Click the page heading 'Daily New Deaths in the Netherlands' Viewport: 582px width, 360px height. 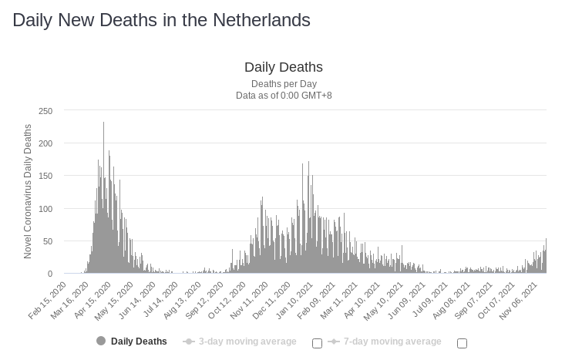click(161, 20)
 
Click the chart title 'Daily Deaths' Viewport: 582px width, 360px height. click(284, 67)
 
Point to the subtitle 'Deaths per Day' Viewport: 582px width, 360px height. click(284, 84)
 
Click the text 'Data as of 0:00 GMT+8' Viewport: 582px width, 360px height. click(284, 96)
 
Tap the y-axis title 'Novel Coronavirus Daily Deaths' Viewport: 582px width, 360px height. click(29, 191)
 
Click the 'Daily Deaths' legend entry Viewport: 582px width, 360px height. click(139, 341)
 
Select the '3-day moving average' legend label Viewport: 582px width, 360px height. click(247, 341)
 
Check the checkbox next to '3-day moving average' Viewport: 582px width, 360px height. click(317, 343)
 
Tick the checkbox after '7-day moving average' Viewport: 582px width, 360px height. click(462, 343)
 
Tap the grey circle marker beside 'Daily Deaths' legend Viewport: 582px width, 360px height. click(101, 341)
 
